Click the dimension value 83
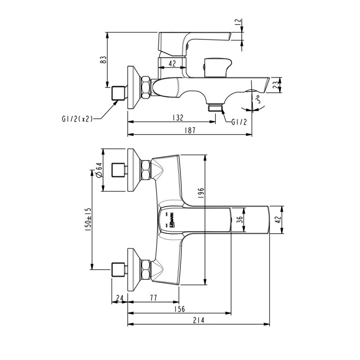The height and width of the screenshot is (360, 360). pos(103,59)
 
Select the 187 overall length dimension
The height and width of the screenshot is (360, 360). pos(190,130)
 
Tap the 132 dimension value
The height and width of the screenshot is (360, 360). pos(178,118)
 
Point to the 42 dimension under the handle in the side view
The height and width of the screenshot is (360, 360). pos(172,64)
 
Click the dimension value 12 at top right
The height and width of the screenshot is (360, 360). pos(238,22)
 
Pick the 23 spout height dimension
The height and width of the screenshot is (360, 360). pos(277,85)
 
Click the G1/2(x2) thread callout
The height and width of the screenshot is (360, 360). pos(77,119)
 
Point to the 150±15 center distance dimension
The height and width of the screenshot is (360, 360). pos(89,219)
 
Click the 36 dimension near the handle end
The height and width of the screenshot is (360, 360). pos(239,220)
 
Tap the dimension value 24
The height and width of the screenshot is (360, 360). pos(119,297)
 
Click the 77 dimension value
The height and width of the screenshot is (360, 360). pos(153,297)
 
